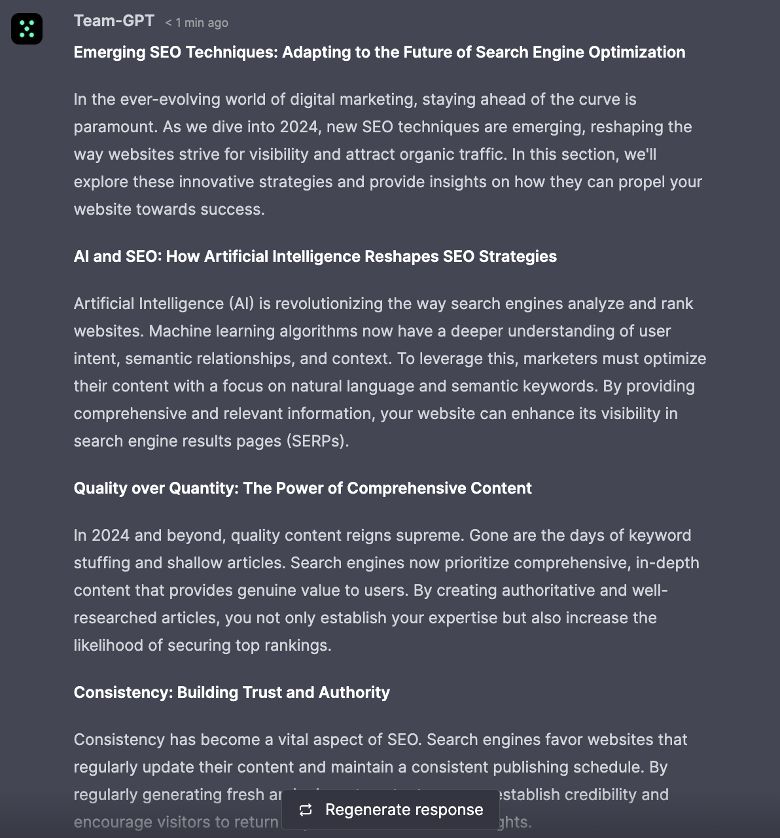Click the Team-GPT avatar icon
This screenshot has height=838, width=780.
point(27,29)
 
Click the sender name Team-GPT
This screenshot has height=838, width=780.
point(114,21)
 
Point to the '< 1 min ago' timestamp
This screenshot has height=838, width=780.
point(196,23)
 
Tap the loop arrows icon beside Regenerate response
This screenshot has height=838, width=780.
point(306,810)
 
